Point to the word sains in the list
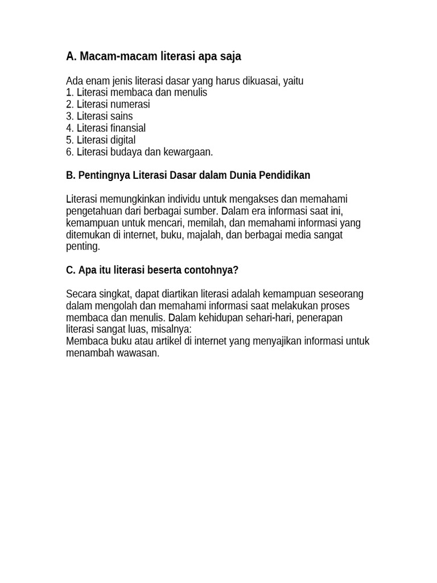coord(122,116)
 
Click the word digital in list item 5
coord(122,140)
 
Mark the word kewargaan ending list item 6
coord(188,152)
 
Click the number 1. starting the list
coord(70,92)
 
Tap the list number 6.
coord(70,152)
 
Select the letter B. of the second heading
coord(71,175)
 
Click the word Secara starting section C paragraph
coord(81,294)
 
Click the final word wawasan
coord(139,354)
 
